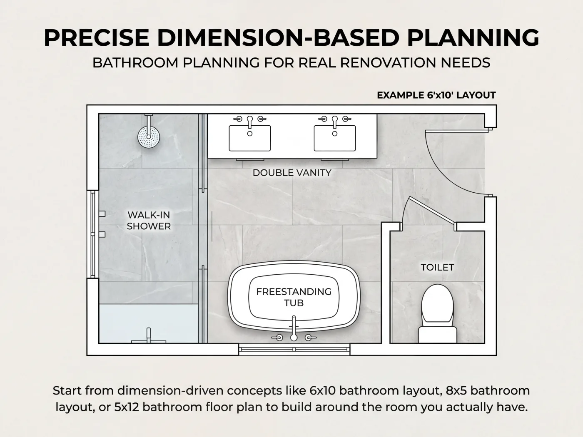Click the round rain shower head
tap(149, 137)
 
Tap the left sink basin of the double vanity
tap(250, 138)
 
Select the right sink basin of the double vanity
tap(335, 138)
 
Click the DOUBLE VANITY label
tap(292, 173)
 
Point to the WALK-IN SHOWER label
tap(149, 221)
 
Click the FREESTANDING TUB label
tap(294, 297)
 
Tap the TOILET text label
tap(437, 267)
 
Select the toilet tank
tap(437, 335)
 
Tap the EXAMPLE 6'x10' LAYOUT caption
tap(436, 95)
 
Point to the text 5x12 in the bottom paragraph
tap(127, 407)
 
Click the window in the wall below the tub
tap(294, 350)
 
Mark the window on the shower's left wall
tap(93, 234)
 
